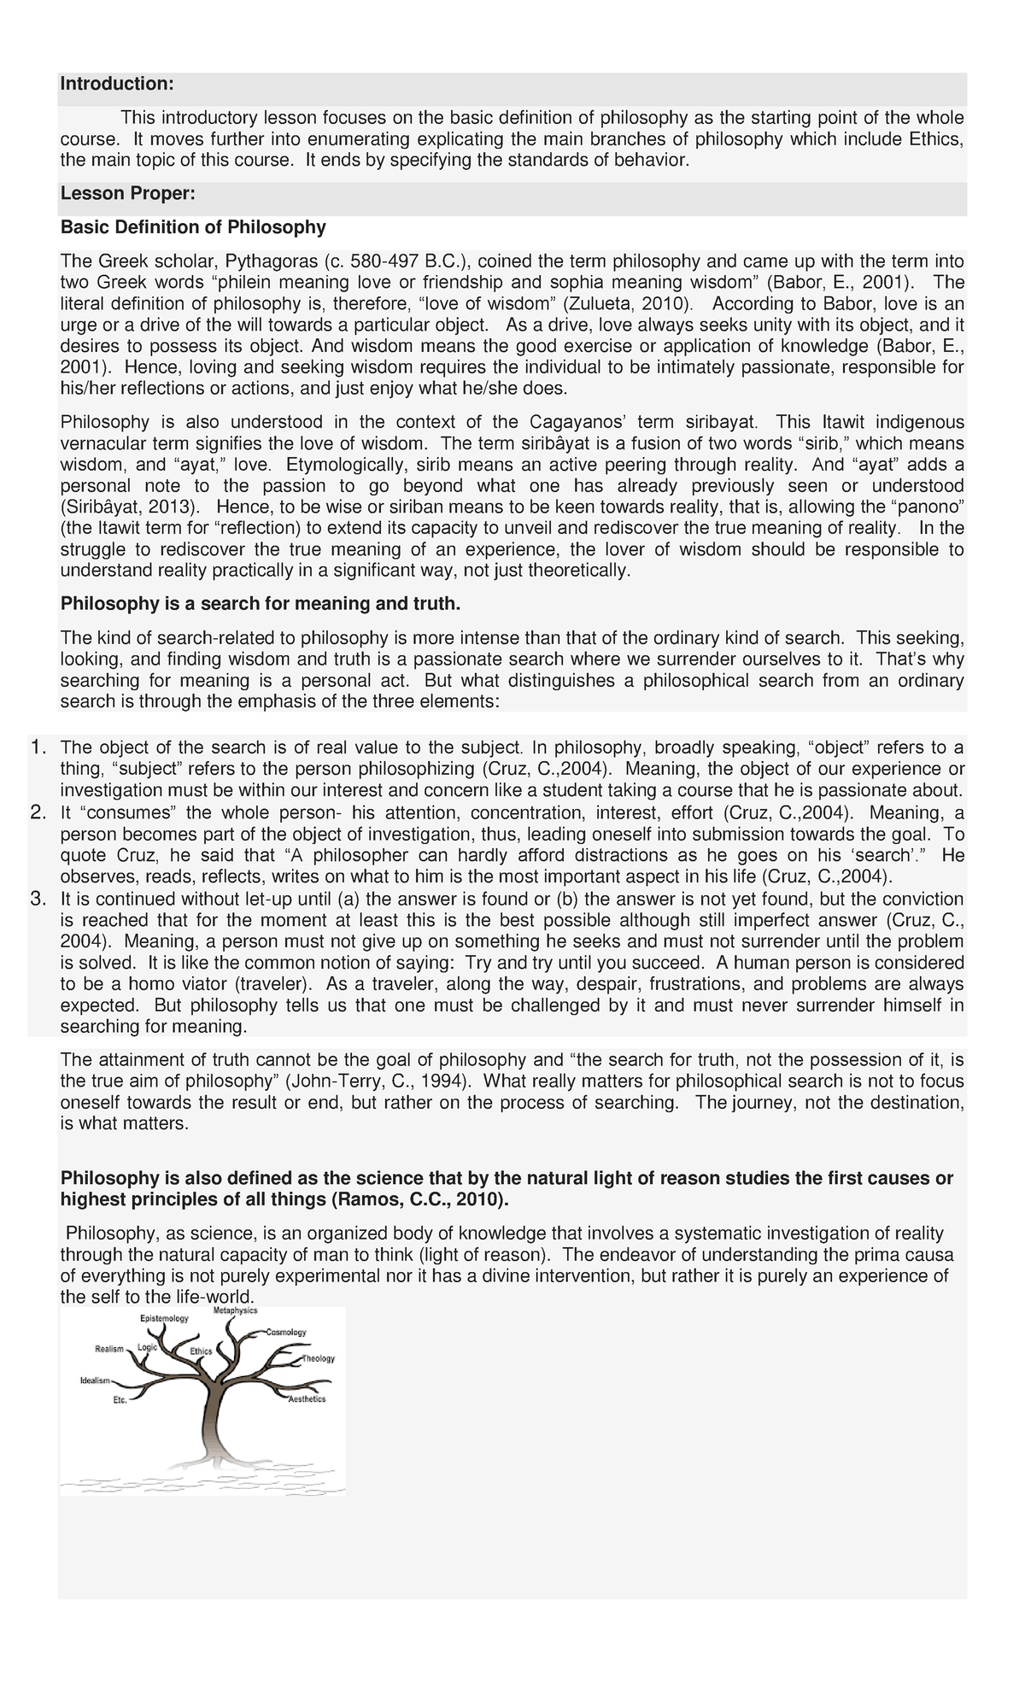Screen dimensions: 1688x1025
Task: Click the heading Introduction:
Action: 117,84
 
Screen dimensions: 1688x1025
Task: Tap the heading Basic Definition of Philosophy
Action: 193,227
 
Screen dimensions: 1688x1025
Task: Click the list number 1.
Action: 38,747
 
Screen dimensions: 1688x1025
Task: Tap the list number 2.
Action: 38,812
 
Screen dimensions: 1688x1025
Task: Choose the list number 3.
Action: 38,898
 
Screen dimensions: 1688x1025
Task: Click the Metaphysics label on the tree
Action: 235,1310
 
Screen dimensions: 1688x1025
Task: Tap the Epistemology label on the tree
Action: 164,1319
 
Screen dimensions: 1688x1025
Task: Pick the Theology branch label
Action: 318,1358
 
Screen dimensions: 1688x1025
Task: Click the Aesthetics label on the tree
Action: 307,1399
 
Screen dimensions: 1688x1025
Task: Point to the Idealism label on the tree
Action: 95,1380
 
